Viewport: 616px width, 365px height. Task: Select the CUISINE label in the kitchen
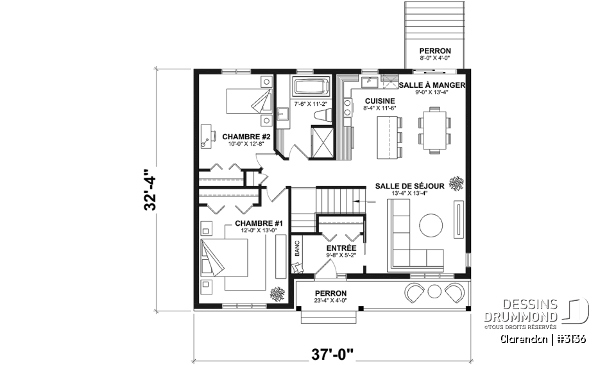380,101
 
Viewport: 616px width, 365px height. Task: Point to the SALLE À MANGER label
432,85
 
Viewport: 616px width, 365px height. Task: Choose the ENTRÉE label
341,247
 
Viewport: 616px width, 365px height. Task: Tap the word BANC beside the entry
297,249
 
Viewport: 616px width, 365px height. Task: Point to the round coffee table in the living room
431,225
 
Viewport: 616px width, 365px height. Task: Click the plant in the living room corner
456,183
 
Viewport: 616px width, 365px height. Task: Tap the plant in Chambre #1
278,294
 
